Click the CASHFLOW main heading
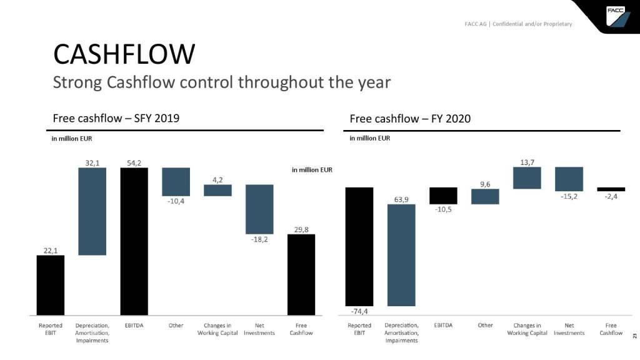coord(124,54)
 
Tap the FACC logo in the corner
coord(616,16)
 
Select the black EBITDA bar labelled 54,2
coord(134,241)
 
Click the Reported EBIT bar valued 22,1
coord(51,285)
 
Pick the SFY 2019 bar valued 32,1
coord(92,211)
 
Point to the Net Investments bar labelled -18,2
coord(259,209)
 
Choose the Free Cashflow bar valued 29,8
coord(301,274)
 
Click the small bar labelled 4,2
coord(217,190)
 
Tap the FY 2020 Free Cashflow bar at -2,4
coord(611,189)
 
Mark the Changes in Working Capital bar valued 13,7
coord(527,177)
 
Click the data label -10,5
coord(443,211)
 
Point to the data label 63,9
coord(401,199)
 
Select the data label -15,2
coord(568,197)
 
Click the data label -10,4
coord(176,202)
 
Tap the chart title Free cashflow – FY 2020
coord(410,119)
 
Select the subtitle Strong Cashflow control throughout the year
coord(221,82)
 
